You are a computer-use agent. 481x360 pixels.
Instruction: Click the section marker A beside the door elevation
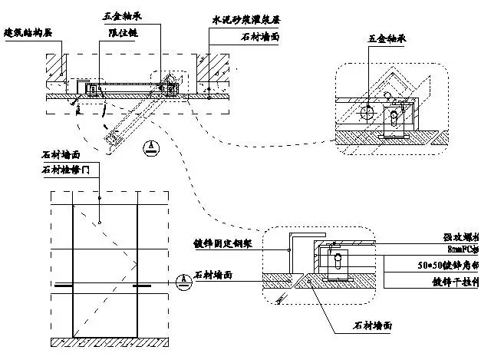pyautogui.click(x=181, y=279)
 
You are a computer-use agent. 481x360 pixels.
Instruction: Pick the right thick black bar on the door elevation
pyautogui.click(x=143, y=286)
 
